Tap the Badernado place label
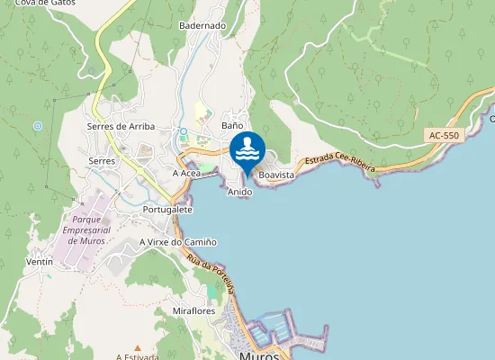202,26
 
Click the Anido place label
239,193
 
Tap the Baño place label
232,126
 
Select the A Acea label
186,173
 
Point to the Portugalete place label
167,209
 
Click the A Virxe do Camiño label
178,242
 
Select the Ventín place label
40,262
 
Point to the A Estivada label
137,356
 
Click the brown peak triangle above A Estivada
137,346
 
